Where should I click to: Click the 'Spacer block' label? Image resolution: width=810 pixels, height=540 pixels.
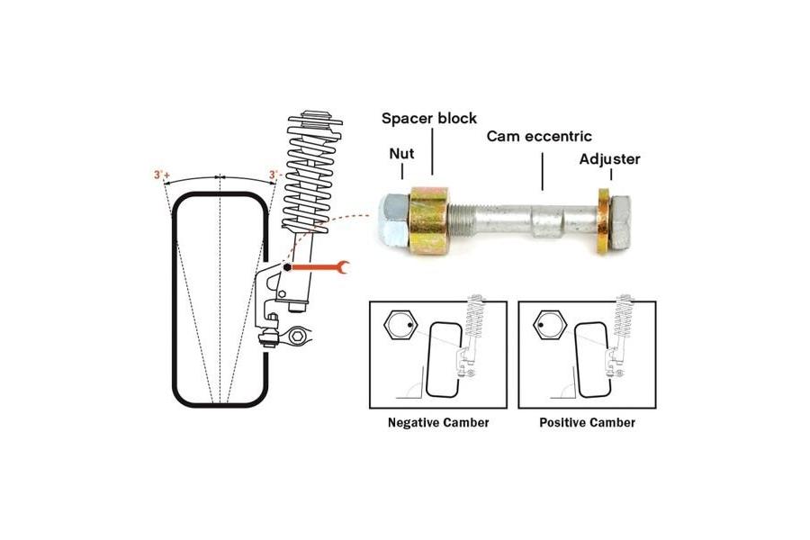[x=428, y=118]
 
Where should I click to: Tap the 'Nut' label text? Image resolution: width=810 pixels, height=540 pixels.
[x=401, y=153]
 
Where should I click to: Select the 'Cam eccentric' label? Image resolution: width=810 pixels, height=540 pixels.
[x=539, y=137]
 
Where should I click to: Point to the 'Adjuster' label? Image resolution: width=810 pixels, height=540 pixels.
[x=609, y=159]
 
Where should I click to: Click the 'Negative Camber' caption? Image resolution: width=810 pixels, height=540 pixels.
[x=438, y=422]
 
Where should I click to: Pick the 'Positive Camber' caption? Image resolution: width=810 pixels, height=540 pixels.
[x=587, y=422]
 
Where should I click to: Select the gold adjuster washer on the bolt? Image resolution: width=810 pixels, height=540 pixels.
[x=602, y=220]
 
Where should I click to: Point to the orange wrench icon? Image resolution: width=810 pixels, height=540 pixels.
[x=320, y=266]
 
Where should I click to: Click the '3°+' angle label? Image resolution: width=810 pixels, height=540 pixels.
[x=162, y=175]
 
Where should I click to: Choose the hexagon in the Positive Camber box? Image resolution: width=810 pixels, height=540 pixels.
[x=548, y=326]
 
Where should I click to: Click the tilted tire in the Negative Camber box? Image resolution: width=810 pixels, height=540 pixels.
[x=445, y=358]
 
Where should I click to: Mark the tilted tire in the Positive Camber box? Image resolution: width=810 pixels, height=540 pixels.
[x=593, y=358]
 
